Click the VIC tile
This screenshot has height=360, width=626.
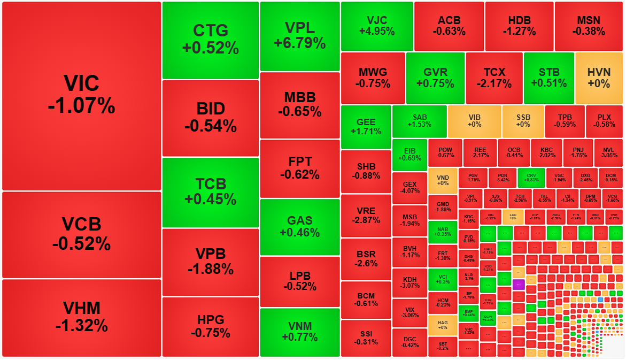click(x=81, y=95)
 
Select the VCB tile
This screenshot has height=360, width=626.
click(x=81, y=234)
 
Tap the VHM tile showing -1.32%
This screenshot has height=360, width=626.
click(x=81, y=317)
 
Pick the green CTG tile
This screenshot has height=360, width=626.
click(x=211, y=40)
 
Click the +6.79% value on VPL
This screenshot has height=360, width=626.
click(x=300, y=43)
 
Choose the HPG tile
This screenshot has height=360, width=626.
click(x=211, y=326)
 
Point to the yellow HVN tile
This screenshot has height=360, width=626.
click(x=599, y=78)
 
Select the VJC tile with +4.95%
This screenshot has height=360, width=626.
click(x=377, y=26)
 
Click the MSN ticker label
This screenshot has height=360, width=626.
click(x=589, y=20)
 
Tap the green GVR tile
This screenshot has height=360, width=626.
click(x=435, y=78)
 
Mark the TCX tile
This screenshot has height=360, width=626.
click(x=494, y=78)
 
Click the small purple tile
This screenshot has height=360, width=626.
click(x=517, y=285)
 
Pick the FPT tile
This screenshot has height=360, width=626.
click(x=300, y=168)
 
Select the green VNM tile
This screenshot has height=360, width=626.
click(x=300, y=332)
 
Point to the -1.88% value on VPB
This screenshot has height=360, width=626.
click(x=211, y=269)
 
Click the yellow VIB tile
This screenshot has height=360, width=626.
click(x=474, y=121)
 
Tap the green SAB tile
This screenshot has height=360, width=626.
click(x=419, y=121)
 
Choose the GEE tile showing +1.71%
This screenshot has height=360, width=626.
click(x=366, y=127)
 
